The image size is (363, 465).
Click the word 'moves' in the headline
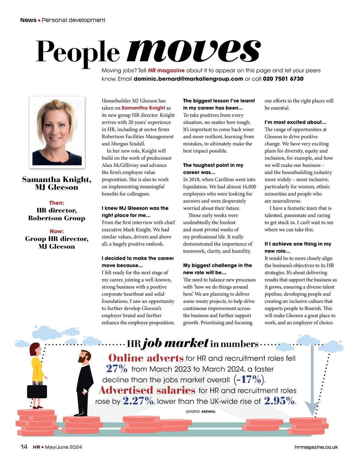[x=194, y=51]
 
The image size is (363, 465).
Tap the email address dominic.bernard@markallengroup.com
[x=188, y=79]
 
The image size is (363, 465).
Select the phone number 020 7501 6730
[x=283, y=79]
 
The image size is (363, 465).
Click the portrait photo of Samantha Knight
[x=57, y=132]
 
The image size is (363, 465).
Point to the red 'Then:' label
[x=57, y=203]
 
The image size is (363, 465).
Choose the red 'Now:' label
[x=57, y=231]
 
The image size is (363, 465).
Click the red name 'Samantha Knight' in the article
[x=143, y=108]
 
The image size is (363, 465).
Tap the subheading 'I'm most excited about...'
[x=295, y=122]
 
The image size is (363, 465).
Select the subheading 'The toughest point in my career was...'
[x=213, y=168]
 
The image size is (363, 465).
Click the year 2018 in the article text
[x=195, y=179]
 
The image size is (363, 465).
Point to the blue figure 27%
[x=117, y=368]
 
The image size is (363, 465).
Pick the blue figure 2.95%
[x=279, y=401]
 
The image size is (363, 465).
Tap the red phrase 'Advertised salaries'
[x=147, y=390]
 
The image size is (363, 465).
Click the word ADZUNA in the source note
[x=208, y=412]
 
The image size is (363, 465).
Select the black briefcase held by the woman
[x=37, y=391]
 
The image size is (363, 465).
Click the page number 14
[x=24, y=447]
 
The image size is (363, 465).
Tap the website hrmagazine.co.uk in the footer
[x=316, y=447]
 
